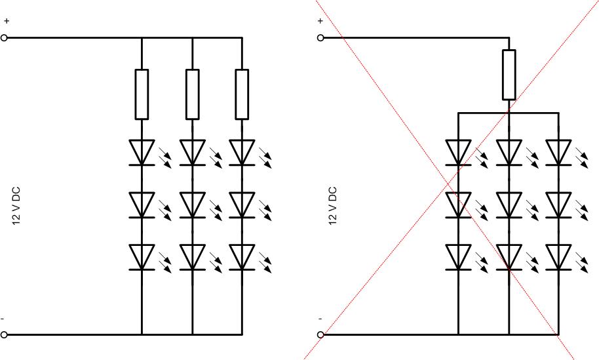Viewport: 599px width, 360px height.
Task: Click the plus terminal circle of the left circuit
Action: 5,38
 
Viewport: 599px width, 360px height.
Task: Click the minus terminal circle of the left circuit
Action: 5,334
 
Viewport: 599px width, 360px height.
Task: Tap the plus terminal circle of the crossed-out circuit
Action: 320,38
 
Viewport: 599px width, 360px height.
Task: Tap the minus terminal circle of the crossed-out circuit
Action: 320,334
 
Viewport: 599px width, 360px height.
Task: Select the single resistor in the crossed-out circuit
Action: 509,75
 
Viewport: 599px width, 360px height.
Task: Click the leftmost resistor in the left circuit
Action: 142,94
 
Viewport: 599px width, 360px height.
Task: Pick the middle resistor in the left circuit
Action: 192,94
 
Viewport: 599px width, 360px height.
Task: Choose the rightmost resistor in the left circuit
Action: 242,94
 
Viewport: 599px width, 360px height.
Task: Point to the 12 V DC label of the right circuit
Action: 333,207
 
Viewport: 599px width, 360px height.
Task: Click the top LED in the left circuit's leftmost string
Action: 142,152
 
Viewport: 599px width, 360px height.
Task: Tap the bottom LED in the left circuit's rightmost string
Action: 242,256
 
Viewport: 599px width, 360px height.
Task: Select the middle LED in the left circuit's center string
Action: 192,205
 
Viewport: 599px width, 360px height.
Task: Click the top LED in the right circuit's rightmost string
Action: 558,152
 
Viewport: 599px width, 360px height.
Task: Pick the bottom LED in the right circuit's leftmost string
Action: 458,256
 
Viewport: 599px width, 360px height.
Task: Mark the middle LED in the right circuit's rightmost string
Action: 558,205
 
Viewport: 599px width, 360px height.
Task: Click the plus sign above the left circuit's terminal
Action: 6,21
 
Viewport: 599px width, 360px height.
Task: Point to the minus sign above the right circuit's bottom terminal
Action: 320,319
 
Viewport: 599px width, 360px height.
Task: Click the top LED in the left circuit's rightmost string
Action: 242,152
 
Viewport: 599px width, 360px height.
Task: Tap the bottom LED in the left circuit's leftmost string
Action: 142,256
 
